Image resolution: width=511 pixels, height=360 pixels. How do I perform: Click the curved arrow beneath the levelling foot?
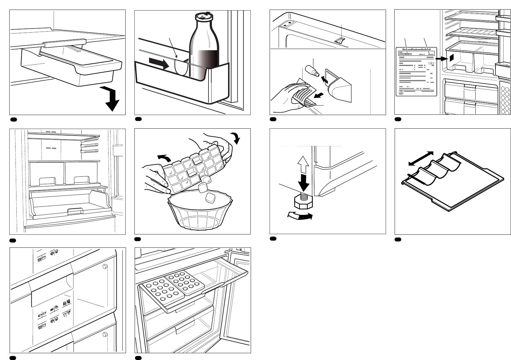click(x=299, y=216)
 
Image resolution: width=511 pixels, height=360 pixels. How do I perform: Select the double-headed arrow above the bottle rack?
click(x=421, y=158)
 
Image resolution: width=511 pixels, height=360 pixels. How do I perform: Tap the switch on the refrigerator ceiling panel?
click(x=340, y=40)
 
